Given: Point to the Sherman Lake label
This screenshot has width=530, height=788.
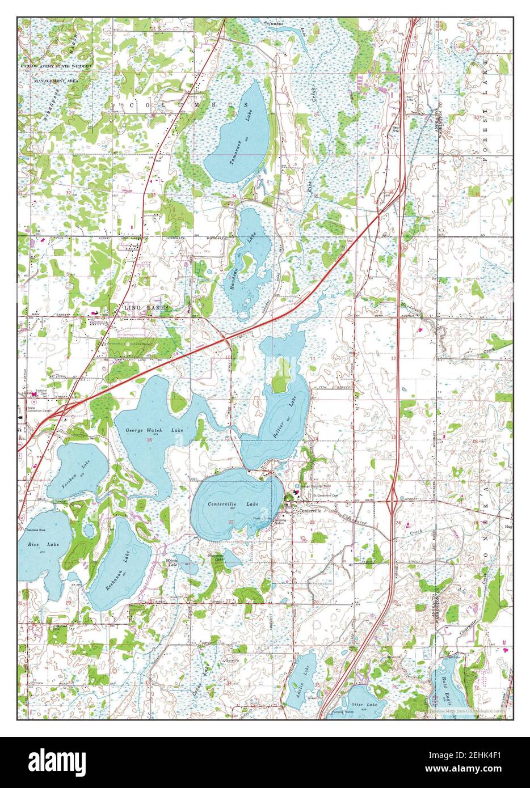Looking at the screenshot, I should [216, 558].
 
